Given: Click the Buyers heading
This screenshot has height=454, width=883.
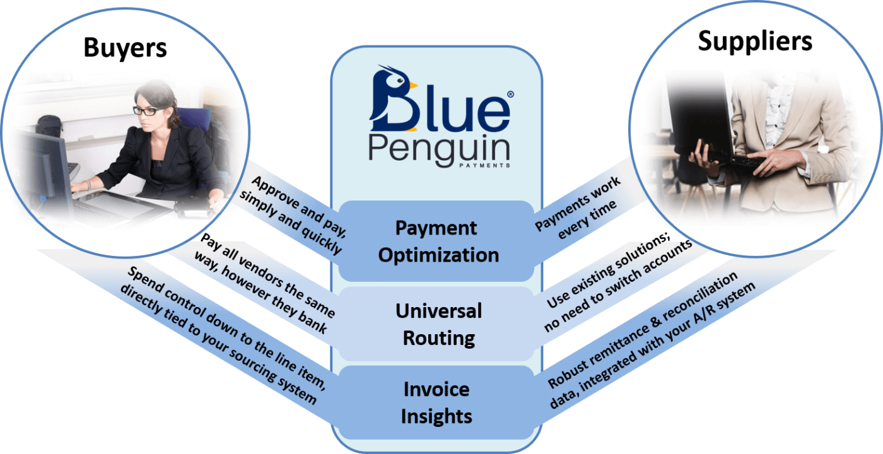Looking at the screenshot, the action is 125,49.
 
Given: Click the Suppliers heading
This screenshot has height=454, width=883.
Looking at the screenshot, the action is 755,42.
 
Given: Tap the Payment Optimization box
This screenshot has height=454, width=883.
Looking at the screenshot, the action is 436,241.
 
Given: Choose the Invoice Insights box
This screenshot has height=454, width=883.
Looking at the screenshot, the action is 436,402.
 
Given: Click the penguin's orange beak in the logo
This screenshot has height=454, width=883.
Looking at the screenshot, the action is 413,85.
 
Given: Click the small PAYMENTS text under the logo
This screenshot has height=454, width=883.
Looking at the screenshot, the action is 484,165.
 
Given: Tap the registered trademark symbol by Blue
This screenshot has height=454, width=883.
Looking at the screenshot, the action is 510,94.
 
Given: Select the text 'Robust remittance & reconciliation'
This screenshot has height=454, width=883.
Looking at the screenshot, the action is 643,329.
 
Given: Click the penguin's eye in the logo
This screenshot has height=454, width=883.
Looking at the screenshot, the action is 401,81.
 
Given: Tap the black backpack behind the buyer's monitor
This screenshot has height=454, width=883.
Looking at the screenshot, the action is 50,125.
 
